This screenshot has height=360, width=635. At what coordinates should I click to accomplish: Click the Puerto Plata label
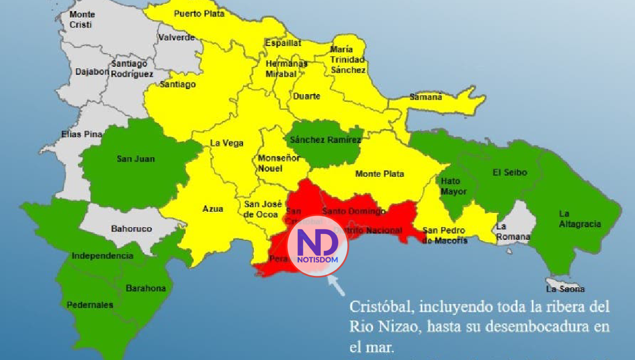(199, 14)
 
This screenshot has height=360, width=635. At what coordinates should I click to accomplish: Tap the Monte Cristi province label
(82, 19)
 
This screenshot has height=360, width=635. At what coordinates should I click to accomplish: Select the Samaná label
(426, 97)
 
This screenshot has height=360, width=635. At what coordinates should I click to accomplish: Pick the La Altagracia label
(579, 219)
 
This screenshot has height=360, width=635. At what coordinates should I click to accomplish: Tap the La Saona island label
(565, 289)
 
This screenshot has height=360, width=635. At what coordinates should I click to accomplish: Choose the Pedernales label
(90, 305)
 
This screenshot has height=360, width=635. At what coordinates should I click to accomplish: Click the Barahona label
(146, 289)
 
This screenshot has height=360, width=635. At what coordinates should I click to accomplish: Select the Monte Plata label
(379, 174)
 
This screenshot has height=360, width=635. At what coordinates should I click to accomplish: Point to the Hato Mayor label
(453, 186)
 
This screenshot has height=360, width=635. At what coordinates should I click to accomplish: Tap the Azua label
(213, 209)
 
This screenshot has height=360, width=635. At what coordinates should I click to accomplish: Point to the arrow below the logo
(336, 285)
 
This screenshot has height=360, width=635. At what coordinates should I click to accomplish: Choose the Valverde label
(176, 38)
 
